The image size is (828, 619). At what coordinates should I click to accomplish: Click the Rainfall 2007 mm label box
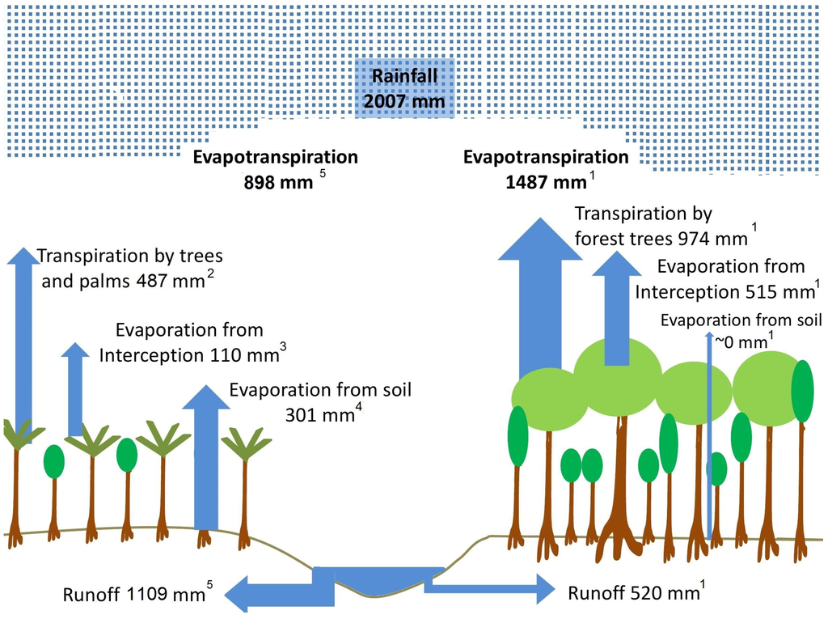tap(405, 89)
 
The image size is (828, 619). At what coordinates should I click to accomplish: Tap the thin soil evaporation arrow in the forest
tap(710, 437)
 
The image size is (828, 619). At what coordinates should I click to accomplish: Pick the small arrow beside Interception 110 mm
tap(75, 388)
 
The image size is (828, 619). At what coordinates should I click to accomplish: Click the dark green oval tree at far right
tap(802, 392)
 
